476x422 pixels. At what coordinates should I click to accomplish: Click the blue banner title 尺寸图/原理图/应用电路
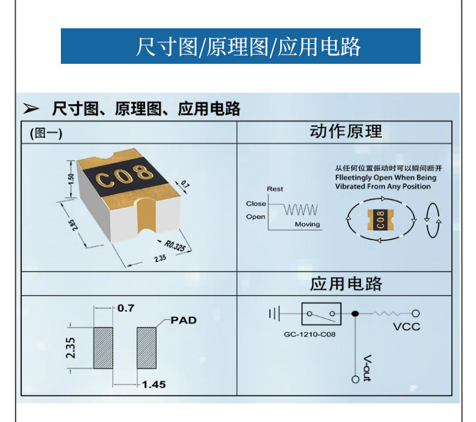click(248, 46)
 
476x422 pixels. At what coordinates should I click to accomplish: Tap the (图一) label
click(46, 133)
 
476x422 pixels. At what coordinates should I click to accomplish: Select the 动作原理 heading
click(346, 131)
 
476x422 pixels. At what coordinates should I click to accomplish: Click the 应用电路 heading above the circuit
click(346, 284)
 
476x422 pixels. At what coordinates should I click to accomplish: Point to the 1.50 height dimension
click(71, 179)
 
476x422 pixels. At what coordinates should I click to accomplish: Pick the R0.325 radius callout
click(175, 246)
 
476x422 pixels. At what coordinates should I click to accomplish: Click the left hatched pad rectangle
click(103, 348)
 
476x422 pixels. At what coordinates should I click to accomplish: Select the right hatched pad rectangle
click(146, 348)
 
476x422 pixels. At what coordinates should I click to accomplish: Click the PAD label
click(184, 320)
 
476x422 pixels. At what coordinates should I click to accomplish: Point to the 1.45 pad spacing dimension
click(154, 385)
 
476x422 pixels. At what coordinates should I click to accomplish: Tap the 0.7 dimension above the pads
click(126, 308)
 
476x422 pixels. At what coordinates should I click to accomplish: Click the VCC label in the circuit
click(407, 327)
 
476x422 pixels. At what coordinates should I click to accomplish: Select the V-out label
click(367, 368)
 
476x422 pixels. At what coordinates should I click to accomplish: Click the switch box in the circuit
click(322, 314)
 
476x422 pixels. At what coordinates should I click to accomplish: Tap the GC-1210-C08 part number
click(310, 334)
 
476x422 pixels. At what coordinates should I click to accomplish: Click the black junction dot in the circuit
click(355, 314)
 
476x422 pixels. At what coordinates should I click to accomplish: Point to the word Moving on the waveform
click(307, 224)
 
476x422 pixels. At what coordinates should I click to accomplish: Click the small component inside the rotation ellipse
click(380, 219)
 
